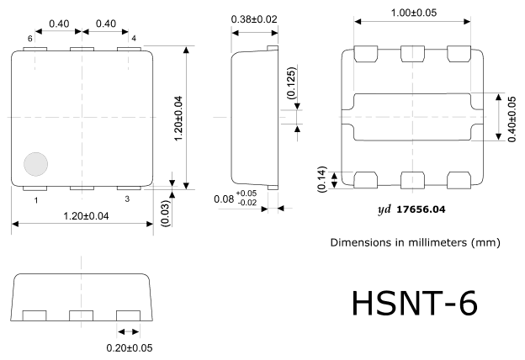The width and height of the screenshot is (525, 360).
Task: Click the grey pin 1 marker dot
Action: (x=36, y=164)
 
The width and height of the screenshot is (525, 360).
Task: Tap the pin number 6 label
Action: (x=29, y=39)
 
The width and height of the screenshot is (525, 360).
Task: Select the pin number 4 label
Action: (x=134, y=39)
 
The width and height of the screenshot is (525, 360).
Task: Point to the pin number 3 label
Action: (x=127, y=199)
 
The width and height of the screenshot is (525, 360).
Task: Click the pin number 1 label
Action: (x=36, y=200)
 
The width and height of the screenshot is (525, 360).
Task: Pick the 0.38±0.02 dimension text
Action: (x=254, y=19)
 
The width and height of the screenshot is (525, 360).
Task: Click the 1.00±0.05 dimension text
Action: (x=414, y=13)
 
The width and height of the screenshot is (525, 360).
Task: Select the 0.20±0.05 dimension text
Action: (x=130, y=348)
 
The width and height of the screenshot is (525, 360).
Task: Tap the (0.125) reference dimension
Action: (x=292, y=82)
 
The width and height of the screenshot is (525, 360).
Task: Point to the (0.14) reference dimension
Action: (x=321, y=179)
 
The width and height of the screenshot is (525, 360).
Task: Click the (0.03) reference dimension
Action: (x=166, y=214)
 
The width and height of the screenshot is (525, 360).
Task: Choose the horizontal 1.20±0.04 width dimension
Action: (x=86, y=216)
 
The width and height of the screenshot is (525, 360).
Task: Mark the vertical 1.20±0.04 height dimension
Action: (x=179, y=119)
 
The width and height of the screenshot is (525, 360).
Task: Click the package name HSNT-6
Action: (x=415, y=303)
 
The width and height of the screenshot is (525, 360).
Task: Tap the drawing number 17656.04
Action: (x=421, y=209)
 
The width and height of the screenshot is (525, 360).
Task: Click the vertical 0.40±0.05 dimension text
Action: (x=512, y=119)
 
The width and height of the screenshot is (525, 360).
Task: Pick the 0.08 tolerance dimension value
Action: (x=224, y=199)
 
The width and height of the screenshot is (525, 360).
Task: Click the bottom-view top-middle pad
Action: (x=412, y=54)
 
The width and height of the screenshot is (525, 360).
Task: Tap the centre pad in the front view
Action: (x=81, y=315)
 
